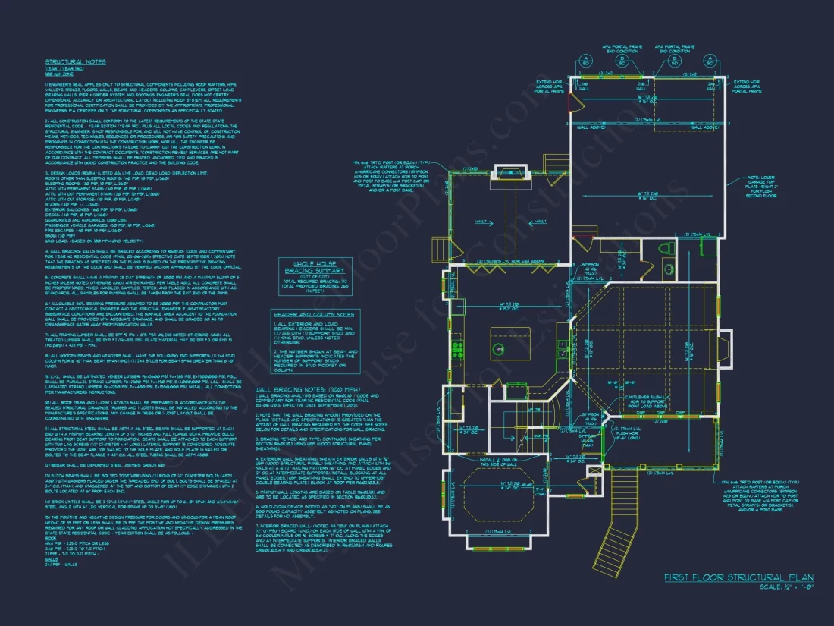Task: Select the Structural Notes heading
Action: click(x=76, y=62)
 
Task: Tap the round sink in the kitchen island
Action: click(x=500, y=348)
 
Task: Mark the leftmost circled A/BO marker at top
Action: click(x=585, y=61)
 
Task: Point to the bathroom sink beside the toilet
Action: click(x=669, y=269)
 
